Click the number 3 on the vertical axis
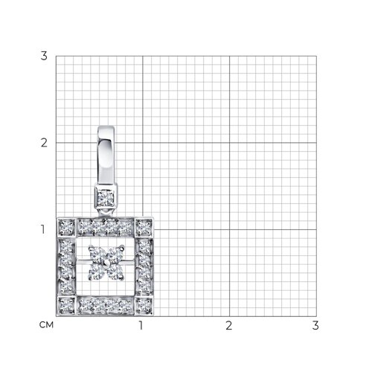(44, 56)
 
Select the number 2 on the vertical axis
(44, 143)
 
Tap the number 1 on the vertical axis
(43, 229)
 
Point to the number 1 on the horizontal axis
(141, 325)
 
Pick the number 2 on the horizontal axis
(228, 325)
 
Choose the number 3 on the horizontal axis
(315, 325)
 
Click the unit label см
(46, 325)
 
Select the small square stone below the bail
(106, 198)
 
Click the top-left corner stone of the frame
(66, 227)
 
